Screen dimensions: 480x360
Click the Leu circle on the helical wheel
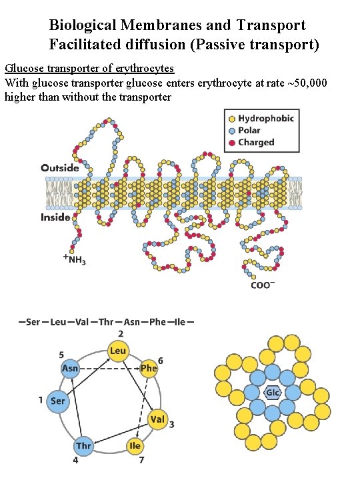tap(118, 351)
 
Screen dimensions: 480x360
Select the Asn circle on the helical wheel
tap(70, 368)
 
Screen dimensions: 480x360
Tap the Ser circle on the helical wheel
tap(58, 401)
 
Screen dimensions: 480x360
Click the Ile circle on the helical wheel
tap(135, 445)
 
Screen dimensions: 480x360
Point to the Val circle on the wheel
tap(158, 419)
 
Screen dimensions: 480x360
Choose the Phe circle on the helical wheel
tap(149, 368)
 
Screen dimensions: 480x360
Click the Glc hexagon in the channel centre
tap(273, 393)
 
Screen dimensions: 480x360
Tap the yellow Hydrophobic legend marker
tap(231, 119)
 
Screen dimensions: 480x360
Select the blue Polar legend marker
tap(231, 131)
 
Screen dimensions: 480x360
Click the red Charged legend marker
tap(231, 143)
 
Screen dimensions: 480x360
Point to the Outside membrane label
tap(60, 167)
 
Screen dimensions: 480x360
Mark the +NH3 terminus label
tap(74, 259)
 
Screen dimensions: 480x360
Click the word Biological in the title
tap(83, 25)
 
